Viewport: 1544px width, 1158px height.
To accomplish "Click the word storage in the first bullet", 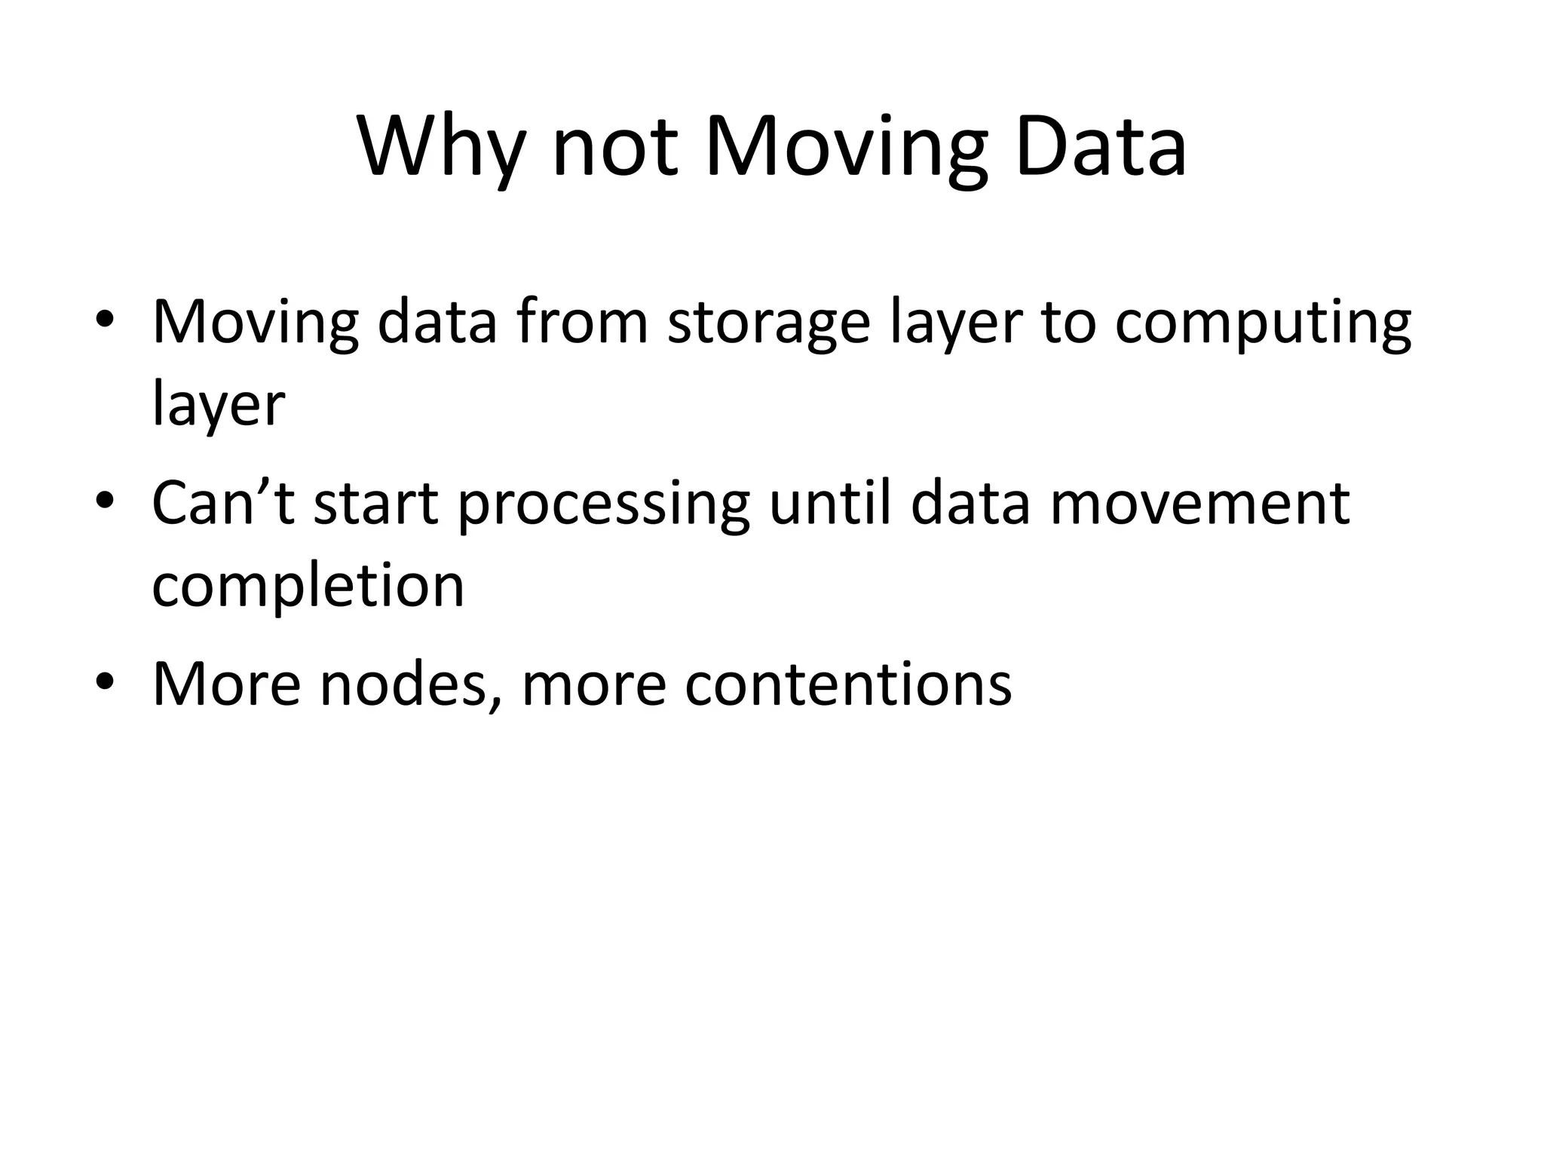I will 767,324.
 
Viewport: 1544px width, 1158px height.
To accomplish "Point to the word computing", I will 1263,324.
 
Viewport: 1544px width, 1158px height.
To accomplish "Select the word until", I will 832,502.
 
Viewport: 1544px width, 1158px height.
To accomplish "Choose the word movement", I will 1199,503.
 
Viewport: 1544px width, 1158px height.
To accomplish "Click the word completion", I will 308,587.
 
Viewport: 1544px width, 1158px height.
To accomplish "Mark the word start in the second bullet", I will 375,504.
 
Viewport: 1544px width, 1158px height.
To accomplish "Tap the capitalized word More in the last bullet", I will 226,683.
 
